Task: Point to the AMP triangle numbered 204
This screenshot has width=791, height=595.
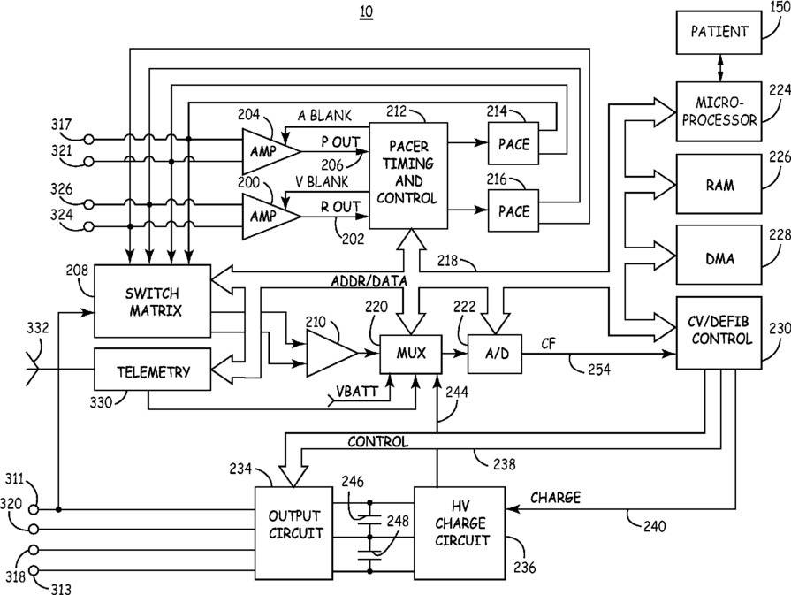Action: coord(265,150)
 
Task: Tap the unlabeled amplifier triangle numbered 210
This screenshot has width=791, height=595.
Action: coord(329,353)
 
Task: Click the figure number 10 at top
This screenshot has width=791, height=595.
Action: coord(365,12)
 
